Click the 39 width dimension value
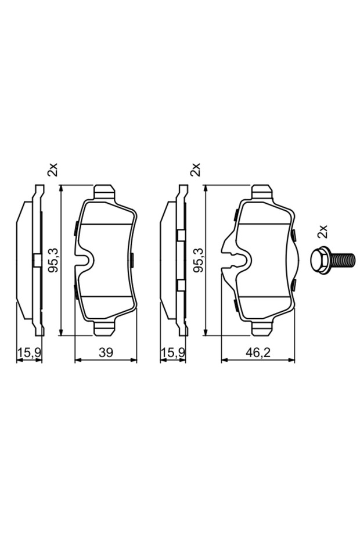click(x=106, y=352)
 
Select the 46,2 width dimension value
click(x=258, y=352)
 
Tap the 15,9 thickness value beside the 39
click(x=28, y=352)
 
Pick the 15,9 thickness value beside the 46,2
click(x=172, y=352)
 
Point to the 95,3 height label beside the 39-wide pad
click(x=53, y=260)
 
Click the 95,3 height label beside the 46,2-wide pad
click(x=197, y=260)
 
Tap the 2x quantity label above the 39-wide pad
click(x=53, y=170)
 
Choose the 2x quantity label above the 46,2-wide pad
click(x=197, y=170)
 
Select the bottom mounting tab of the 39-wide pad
click(x=104, y=329)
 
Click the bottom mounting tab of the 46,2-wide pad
click(x=262, y=329)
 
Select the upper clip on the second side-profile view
click(x=181, y=235)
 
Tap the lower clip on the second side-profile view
click(x=181, y=285)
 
